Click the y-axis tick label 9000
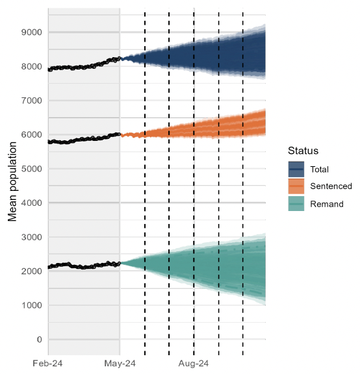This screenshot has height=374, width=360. [31, 32]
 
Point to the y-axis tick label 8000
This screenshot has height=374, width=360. [31, 66]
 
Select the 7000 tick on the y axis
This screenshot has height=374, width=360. [31, 101]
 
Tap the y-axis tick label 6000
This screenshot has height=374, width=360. [31, 134]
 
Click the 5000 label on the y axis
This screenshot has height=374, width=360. [31, 169]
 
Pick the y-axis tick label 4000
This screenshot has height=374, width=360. [31, 203]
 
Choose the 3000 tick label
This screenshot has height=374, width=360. [31, 237]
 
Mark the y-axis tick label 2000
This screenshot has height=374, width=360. [31, 271]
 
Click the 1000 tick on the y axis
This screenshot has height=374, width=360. [31, 305]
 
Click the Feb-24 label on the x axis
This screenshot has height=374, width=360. [48, 364]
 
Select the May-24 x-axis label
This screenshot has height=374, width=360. [120, 364]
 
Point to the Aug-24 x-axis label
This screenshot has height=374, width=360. [194, 364]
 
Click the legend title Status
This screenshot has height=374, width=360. [303, 151]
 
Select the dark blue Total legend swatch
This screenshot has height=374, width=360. [296, 169]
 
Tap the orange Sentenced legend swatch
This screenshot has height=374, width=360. [296, 186]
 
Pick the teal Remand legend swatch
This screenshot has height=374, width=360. [296, 204]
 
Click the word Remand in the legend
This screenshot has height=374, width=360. [327, 204]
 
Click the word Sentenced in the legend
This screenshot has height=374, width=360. [331, 186]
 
